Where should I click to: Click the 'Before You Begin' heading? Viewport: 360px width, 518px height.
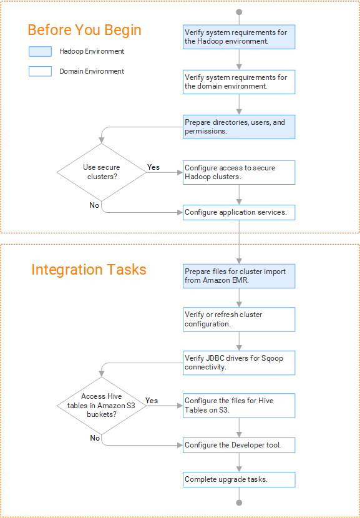click(x=85, y=30)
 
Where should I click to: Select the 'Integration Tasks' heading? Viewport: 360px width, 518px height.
click(x=89, y=270)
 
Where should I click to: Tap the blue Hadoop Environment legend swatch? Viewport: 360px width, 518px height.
click(x=40, y=52)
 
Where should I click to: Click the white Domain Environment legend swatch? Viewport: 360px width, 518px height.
click(x=40, y=71)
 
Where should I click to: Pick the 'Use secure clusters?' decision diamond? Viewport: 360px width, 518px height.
click(x=102, y=172)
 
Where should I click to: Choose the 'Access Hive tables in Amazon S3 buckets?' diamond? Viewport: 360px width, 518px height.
click(x=102, y=406)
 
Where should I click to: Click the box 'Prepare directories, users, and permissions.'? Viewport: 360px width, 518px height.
click(x=239, y=127)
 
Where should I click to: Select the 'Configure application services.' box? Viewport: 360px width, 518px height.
click(x=239, y=212)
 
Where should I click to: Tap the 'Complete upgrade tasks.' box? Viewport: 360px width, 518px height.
click(x=239, y=479)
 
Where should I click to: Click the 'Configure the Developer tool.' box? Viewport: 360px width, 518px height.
click(x=239, y=446)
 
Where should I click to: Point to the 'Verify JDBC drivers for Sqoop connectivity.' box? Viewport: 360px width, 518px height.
click(x=239, y=363)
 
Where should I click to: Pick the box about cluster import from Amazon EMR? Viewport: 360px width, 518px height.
click(x=239, y=276)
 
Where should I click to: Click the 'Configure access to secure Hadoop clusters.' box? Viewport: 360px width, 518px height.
click(x=239, y=172)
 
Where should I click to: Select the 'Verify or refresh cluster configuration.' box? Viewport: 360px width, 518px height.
click(x=239, y=320)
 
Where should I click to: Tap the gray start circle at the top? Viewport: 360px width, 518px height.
click(x=239, y=12)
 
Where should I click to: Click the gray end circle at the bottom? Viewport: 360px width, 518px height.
click(x=239, y=503)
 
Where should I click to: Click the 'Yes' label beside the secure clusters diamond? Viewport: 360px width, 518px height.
click(x=153, y=167)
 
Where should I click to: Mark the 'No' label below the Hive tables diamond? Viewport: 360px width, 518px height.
click(x=95, y=438)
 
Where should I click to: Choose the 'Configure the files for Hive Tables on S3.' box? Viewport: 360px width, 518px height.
click(x=239, y=405)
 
